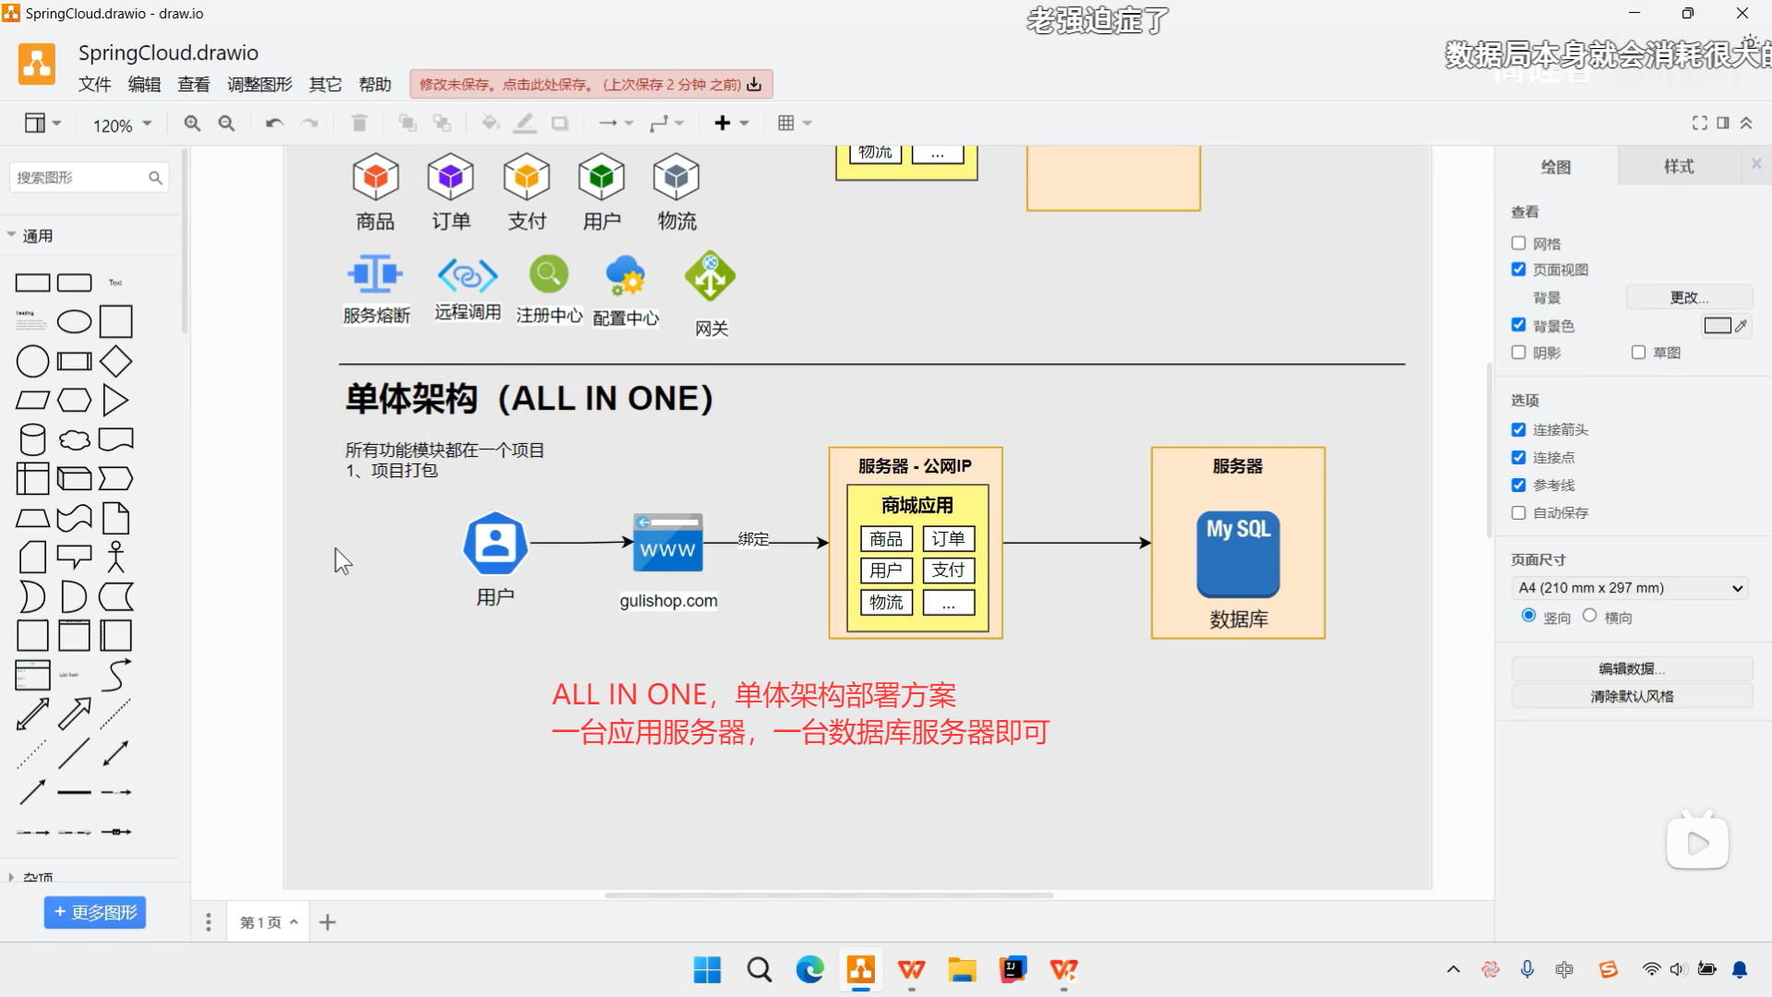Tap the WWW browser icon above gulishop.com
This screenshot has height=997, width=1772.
668,543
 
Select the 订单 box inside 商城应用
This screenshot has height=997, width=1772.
948,539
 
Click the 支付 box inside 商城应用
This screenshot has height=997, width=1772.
948,571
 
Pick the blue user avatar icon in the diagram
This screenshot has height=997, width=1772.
496,544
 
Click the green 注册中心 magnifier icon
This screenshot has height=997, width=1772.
548,274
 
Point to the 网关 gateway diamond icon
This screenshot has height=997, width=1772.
710,276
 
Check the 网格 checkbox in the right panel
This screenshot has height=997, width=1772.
1518,244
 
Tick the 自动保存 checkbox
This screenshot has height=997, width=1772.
1518,513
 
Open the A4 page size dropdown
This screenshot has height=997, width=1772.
1630,588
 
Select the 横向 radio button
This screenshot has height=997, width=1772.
1589,616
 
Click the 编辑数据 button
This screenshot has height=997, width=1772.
1631,668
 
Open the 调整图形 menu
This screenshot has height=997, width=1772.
259,85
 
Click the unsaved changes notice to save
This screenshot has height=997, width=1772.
591,85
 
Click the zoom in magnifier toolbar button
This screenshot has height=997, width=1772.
192,124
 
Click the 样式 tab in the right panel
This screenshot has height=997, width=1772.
1678,166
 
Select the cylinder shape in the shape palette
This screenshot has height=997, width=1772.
32,439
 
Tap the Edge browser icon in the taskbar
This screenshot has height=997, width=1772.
809,969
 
